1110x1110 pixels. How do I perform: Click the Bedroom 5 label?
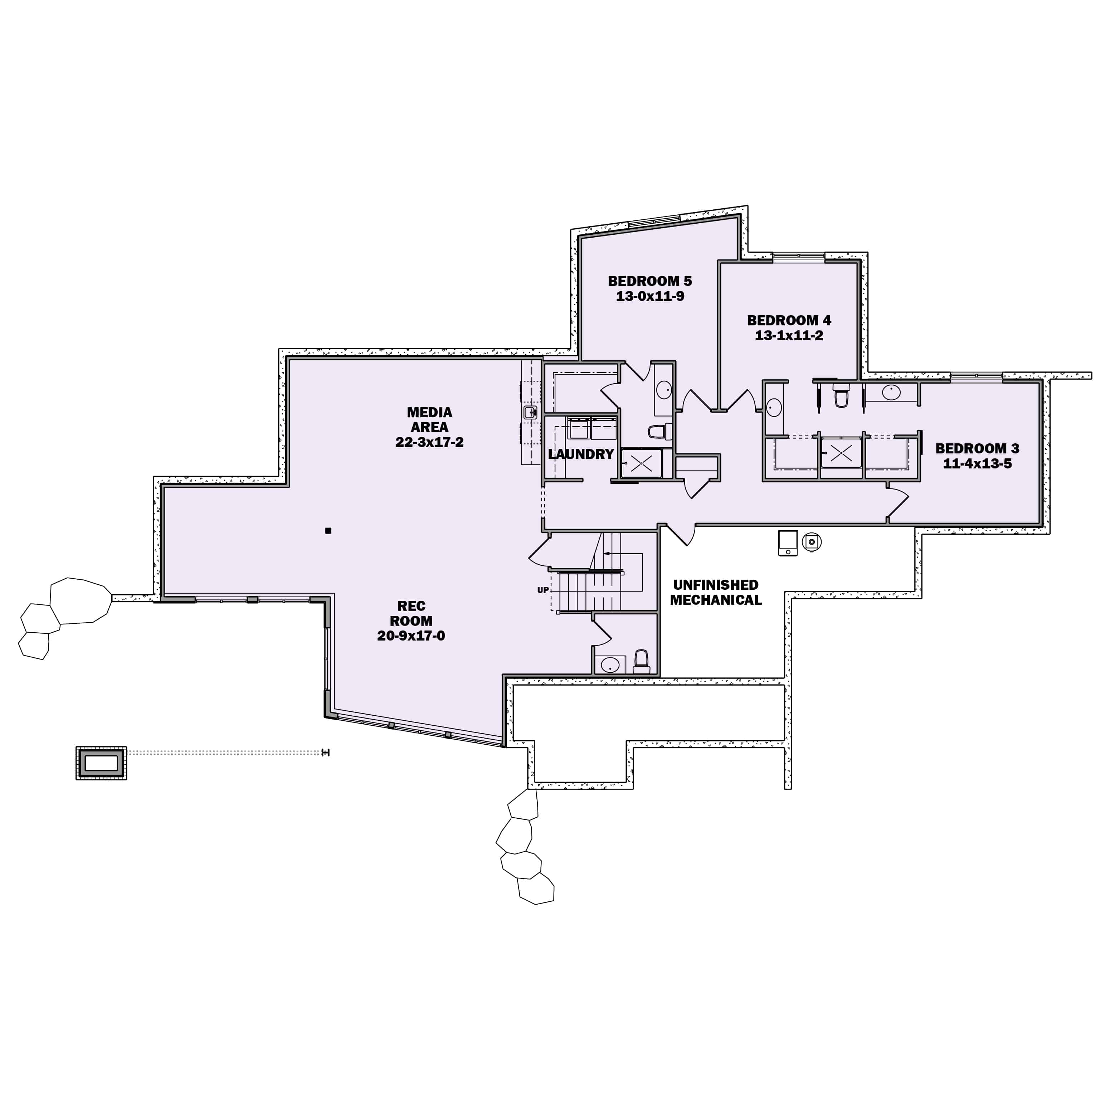click(x=650, y=281)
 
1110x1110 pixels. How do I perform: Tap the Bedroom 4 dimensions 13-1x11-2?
click(x=789, y=336)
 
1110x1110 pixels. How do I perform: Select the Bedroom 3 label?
click(x=977, y=448)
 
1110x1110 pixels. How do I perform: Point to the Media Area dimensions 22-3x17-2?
click(x=429, y=442)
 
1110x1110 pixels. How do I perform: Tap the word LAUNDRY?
click(x=581, y=454)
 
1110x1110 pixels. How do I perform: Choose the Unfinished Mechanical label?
click(x=716, y=592)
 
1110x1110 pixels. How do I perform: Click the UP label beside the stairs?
click(x=542, y=590)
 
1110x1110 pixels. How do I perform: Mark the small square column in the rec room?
click(x=328, y=531)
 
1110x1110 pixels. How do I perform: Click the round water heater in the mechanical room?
click(x=811, y=541)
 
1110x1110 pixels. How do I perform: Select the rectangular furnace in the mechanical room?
click(x=788, y=543)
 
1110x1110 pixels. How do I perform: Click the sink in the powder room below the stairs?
click(x=610, y=665)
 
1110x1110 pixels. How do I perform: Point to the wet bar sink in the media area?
click(x=530, y=412)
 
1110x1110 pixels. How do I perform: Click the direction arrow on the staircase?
click(x=607, y=554)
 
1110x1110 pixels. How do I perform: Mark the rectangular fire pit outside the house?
click(x=101, y=763)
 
